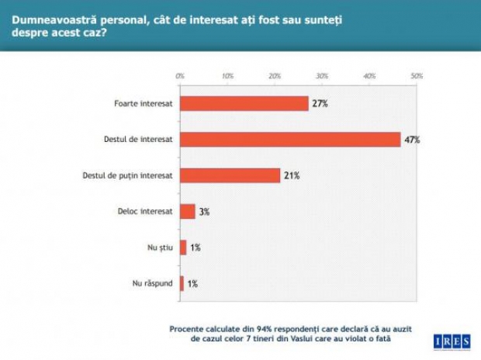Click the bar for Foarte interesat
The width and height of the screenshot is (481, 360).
pyautogui.click(x=244, y=103)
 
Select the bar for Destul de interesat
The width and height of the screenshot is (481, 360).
pyautogui.click(x=290, y=140)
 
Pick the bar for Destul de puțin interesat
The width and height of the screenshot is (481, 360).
pyautogui.click(x=230, y=175)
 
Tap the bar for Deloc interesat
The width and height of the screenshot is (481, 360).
pyautogui.click(x=187, y=211)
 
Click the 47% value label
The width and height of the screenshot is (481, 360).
pyautogui.click(x=411, y=140)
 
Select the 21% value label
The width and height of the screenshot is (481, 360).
pyautogui.click(x=291, y=175)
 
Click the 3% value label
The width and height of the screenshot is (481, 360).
pyautogui.click(x=203, y=211)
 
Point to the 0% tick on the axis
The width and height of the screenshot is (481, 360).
pyautogui.click(x=180, y=76)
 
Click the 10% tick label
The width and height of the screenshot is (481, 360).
pyautogui.click(x=227, y=76)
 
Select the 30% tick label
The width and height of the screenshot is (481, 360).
pyautogui.click(x=322, y=76)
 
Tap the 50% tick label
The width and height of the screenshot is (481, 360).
pyautogui.click(x=417, y=76)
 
